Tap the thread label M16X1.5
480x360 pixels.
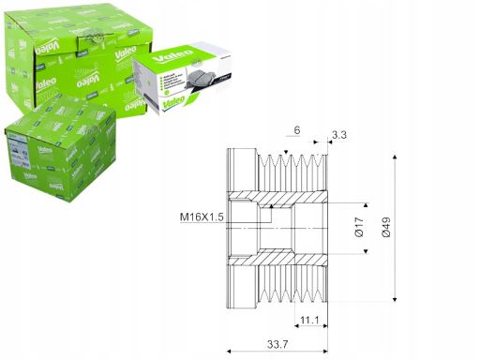coord(201,217)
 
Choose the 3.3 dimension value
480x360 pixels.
coord(340,135)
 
